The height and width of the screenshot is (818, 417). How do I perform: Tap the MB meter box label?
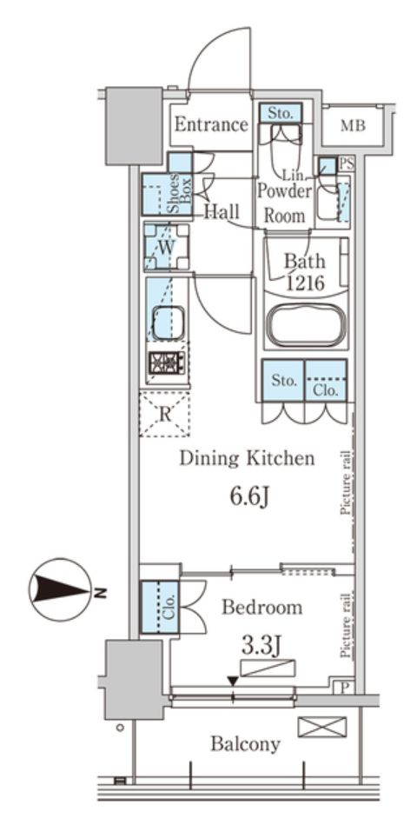(353, 126)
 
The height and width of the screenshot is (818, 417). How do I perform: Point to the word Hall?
(222, 211)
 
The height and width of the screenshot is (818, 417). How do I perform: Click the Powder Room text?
(285, 203)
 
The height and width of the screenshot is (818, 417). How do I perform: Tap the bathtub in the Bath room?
(306, 325)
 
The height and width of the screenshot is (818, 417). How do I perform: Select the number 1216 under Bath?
(306, 283)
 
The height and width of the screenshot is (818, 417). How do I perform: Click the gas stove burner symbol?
(166, 362)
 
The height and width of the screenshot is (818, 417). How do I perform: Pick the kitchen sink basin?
(168, 323)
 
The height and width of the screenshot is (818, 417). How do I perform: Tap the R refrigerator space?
(165, 415)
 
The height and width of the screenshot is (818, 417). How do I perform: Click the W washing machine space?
(166, 247)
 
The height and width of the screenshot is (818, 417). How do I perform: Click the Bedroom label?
(261, 608)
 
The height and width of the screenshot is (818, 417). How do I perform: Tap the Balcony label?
(246, 744)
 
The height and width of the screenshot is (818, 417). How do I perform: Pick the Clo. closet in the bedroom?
(160, 608)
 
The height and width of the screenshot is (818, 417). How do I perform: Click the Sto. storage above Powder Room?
(281, 113)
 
